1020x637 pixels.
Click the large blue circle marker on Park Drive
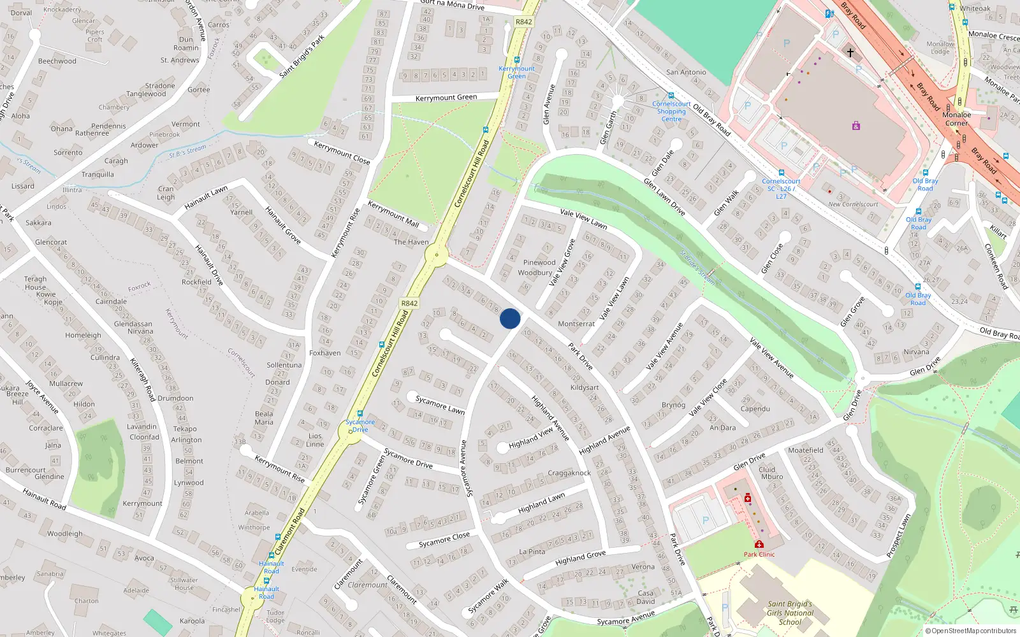click(x=510, y=318)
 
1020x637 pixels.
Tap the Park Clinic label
click(x=759, y=554)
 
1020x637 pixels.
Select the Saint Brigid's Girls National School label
click(x=790, y=613)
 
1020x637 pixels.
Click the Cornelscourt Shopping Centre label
click(x=671, y=111)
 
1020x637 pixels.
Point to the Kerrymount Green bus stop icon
click(x=517, y=61)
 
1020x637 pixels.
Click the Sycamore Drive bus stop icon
click(x=360, y=413)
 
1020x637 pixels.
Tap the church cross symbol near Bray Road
click(x=850, y=53)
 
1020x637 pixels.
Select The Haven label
click(x=411, y=242)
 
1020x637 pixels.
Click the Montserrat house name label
click(x=576, y=324)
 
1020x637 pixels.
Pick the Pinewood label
click(x=539, y=262)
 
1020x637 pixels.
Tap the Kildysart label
click(x=585, y=387)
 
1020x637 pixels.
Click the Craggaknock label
click(x=569, y=473)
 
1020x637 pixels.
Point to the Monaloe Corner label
click(x=956, y=119)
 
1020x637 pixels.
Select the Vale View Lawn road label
click(x=583, y=218)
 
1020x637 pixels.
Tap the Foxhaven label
click(x=325, y=353)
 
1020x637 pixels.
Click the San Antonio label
click(x=686, y=73)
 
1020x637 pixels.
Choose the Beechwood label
click(x=57, y=61)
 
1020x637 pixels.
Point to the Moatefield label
click(x=806, y=450)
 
